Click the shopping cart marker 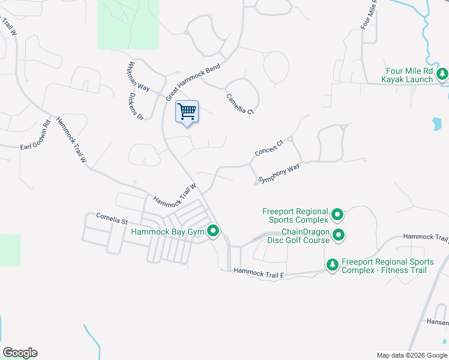coord(187,112)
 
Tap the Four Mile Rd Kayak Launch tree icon coord(442,75)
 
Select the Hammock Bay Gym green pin coord(213,230)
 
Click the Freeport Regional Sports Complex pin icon coord(337,215)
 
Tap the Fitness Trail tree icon coord(332,265)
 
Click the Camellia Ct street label coord(240,103)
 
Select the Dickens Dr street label coord(136,105)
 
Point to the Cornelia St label coord(112,218)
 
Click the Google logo coord(20,353)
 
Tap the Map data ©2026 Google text coord(411,355)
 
